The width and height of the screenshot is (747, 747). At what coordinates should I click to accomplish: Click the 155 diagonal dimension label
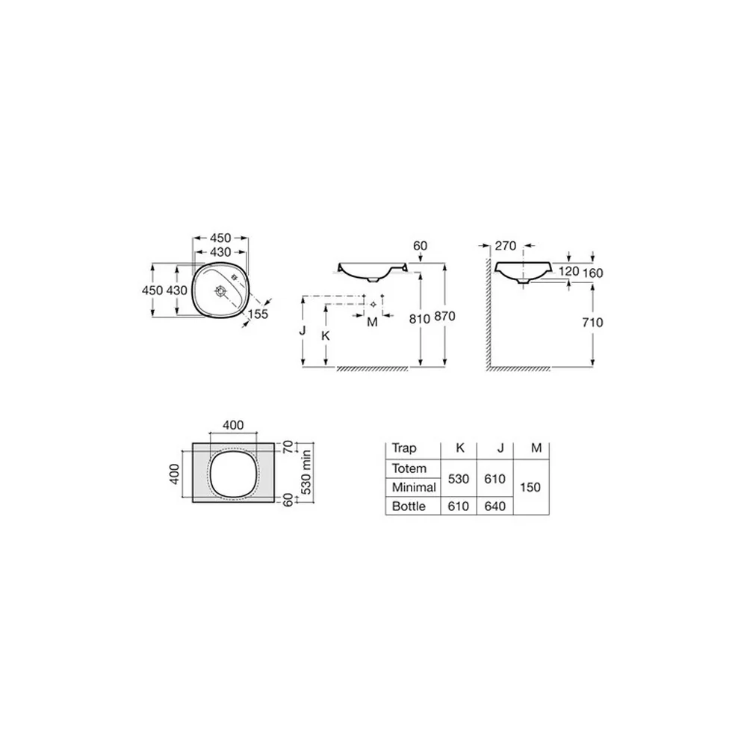click(x=258, y=314)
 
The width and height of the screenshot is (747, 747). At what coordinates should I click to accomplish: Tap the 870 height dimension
click(x=445, y=316)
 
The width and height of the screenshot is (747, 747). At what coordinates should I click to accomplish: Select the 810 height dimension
click(x=420, y=319)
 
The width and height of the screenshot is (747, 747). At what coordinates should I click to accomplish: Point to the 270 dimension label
click(x=506, y=246)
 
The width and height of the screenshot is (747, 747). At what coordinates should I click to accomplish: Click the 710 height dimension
click(x=592, y=323)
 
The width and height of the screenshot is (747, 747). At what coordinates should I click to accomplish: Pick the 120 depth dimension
click(x=568, y=272)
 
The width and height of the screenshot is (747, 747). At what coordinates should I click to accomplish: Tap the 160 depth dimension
click(x=592, y=273)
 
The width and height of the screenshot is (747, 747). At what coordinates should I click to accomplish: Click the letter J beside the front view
click(x=303, y=330)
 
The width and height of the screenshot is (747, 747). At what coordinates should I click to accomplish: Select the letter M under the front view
click(x=373, y=323)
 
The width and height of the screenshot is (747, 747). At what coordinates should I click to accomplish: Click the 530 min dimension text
click(x=306, y=472)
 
